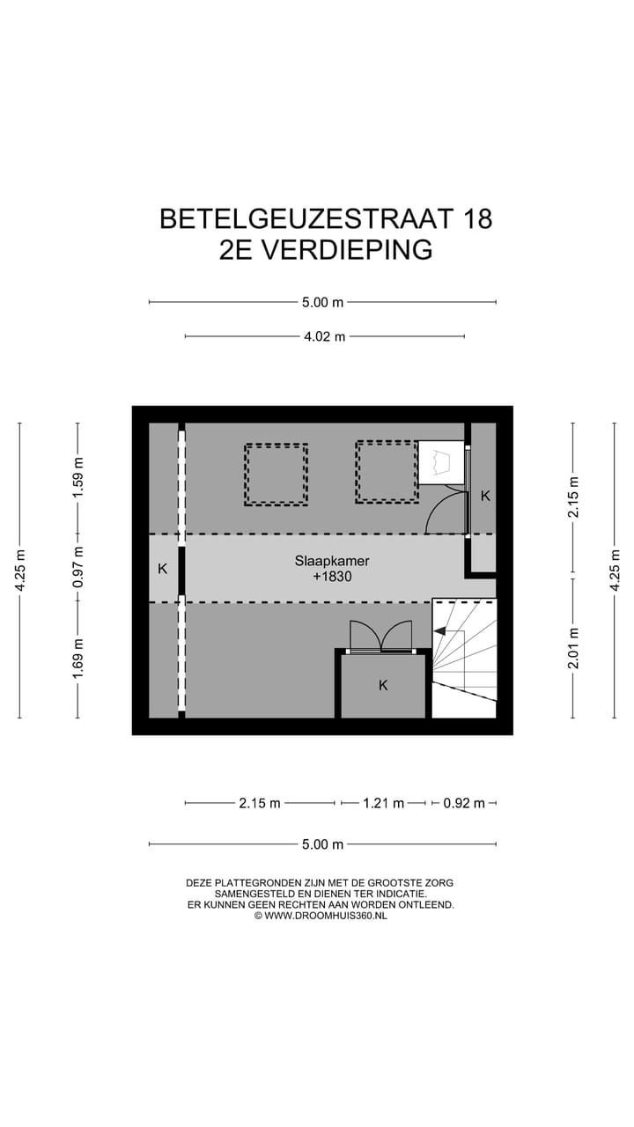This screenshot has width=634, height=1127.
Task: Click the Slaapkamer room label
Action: (x=331, y=560)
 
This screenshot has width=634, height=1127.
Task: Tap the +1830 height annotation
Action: (x=331, y=577)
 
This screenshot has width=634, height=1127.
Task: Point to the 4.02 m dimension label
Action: (x=324, y=336)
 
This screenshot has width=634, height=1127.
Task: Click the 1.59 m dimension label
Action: (x=78, y=478)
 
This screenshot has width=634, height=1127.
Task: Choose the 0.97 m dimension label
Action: (x=78, y=568)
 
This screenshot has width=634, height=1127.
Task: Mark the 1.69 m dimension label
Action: (x=78, y=659)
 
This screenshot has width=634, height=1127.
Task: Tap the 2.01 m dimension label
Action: (x=573, y=647)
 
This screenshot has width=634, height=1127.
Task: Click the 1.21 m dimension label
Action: (x=383, y=803)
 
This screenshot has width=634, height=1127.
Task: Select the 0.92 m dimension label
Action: (x=464, y=803)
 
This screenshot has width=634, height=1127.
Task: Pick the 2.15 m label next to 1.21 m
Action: (x=260, y=803)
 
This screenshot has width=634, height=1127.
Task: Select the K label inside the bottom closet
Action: (x=383, y=685)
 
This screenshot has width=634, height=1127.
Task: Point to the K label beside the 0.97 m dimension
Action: (x=162, y=569)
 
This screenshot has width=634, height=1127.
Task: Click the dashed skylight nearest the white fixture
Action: (x=387, y=473)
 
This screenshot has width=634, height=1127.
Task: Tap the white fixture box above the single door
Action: (x=441, y=463)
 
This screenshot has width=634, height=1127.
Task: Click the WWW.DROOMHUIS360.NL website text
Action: (x=325, y=916)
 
